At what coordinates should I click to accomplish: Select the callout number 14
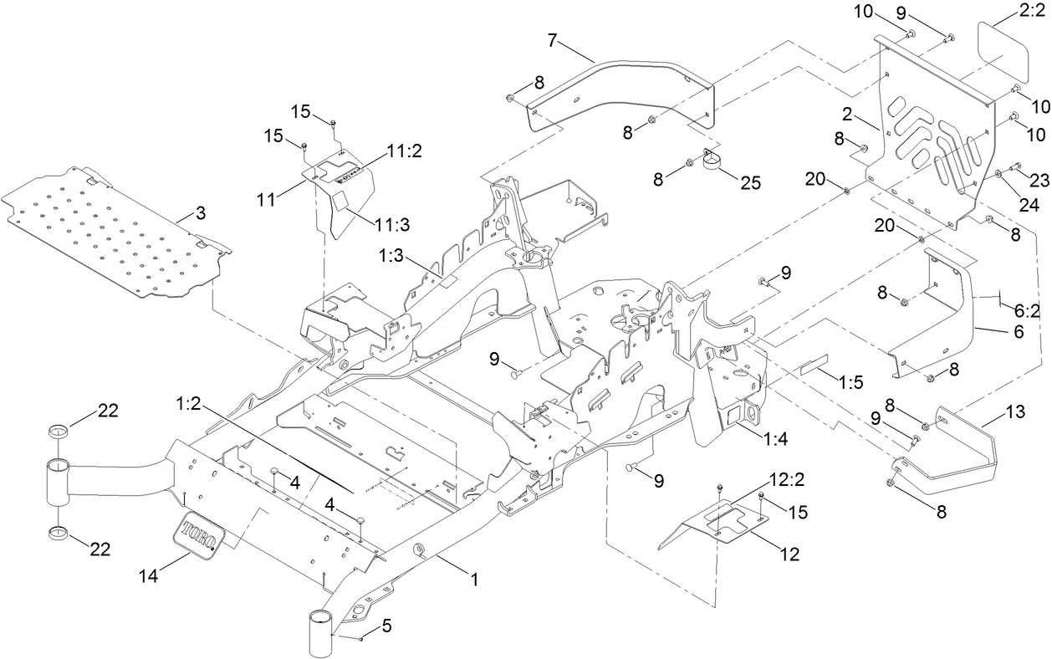coord(149,575)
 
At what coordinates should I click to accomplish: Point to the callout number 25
coord(750,182)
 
